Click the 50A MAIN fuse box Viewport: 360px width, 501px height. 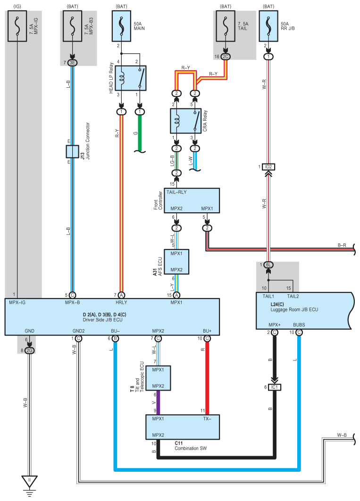coord(121,26)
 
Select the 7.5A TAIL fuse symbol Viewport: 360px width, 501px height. coord(226,26)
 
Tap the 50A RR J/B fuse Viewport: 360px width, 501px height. coord(268,26)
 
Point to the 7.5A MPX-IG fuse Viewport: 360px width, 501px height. coord(17,26)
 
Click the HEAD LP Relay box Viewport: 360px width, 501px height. coord(131,78)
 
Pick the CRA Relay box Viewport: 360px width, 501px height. coord(185,121)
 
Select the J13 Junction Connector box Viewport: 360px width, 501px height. coord(73,151)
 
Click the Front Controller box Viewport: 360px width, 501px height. coord(192,200)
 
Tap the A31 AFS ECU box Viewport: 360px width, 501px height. coord(176,262)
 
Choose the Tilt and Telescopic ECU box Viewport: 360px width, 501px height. coord(158,378)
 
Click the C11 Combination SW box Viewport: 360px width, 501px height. coord(183,427)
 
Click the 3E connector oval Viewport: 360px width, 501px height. coord(73,63)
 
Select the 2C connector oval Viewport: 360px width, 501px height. coord(226,57)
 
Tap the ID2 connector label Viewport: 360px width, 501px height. coord(268,167)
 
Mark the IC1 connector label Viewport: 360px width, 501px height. coord(275,387)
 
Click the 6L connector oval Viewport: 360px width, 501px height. coord(268,265)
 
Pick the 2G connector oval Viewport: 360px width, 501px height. coord(29,351)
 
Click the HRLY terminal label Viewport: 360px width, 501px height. coord(121,302)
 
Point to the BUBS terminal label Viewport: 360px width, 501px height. coord(299,325)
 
